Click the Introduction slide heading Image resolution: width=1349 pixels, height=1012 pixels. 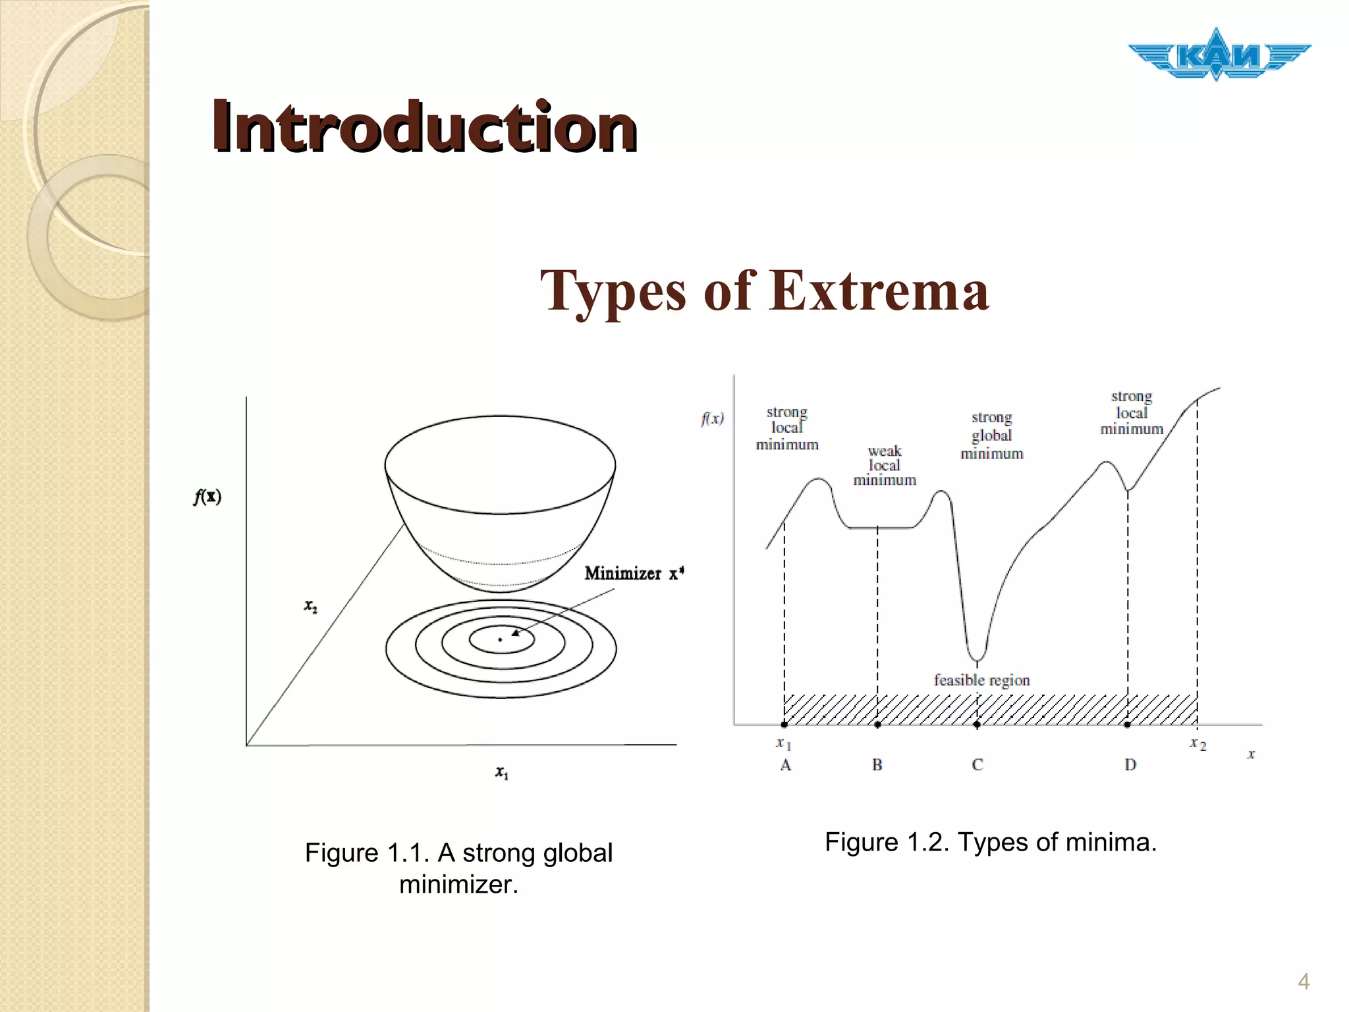click(424, 126)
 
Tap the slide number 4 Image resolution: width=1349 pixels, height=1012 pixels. click(1303, 982)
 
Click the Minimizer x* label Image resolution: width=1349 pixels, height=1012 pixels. click(634, 573)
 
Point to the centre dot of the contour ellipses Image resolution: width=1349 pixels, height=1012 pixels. click(500, 640)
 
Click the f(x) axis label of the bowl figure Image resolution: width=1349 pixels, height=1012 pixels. click(207, 496)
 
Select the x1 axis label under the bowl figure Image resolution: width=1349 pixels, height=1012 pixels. click(502, 772)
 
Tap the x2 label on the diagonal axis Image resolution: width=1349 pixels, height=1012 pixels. click(310, 606)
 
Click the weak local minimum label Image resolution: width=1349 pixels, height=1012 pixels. click(885, 465)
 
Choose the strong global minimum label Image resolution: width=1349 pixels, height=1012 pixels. click(991, 435)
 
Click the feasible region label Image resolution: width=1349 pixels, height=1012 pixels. click(981, 680)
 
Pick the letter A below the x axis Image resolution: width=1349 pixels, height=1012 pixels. click(785, 765)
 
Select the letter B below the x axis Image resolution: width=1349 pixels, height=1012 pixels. click(877, 765)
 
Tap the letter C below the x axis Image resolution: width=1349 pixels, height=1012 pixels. click(977, 765)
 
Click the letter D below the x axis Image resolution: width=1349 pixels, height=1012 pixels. click(1130, 765)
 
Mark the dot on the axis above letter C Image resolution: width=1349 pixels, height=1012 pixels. click(977, 725)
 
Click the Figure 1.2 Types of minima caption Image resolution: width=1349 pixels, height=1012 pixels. click(991, 842)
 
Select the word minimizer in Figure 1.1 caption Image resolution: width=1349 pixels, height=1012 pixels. click(458, 884)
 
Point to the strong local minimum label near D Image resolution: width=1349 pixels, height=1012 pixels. click(1132, 412)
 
